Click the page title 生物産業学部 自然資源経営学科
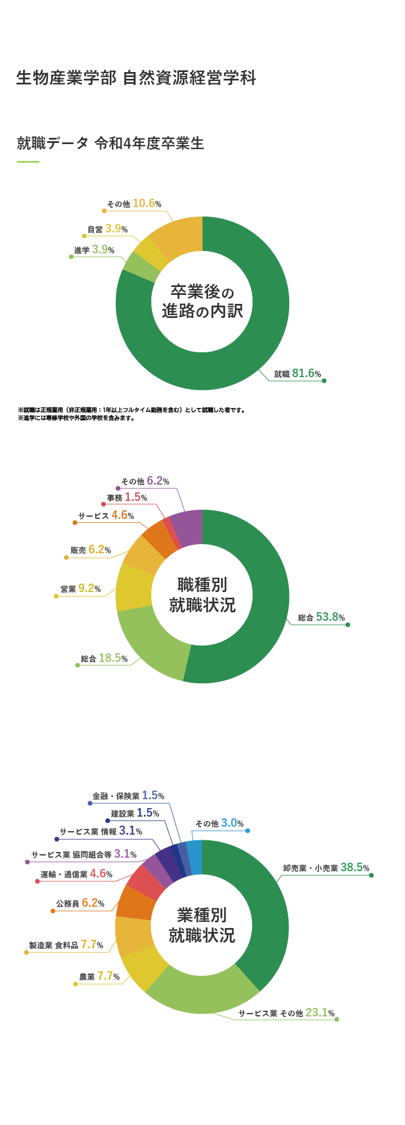[x=136, y=78]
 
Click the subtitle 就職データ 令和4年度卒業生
[x=110, y=144]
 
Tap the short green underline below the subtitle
[x=28, y=162]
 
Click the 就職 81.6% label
[x=298, y=373]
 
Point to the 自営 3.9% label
[x=107, y=229]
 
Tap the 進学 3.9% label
[x=94, y=249]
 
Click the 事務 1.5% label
[x=127, y=497]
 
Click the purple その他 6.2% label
[x=145, y=481]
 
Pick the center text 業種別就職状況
[x=202, y=926]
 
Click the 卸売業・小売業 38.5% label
[x=326, y=868]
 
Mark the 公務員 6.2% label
[x=80, y=903]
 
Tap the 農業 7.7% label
[x=100, y=976]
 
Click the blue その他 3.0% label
[x=219, y=823]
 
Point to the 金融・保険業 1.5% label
[x=128, y=796]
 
